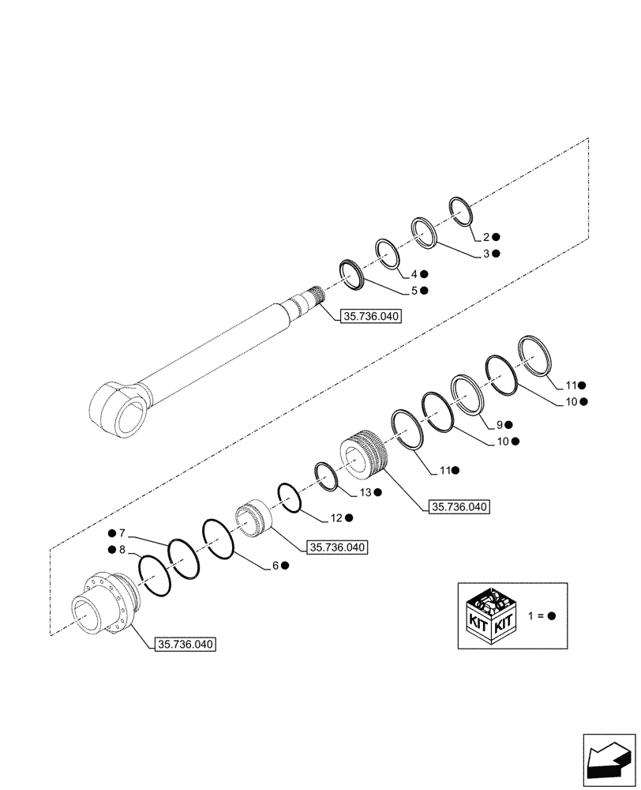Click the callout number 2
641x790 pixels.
[487, 236]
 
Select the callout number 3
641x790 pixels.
[487, 254]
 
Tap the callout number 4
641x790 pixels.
[413, 274]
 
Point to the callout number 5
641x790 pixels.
[413, 291]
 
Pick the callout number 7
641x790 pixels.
[122, 533]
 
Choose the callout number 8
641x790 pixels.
[122, 549]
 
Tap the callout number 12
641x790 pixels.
[336, 517]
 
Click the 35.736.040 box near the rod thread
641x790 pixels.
[371, 317]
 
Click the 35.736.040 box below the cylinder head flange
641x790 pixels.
[186, 644]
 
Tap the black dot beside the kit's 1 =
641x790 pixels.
[552, 615]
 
